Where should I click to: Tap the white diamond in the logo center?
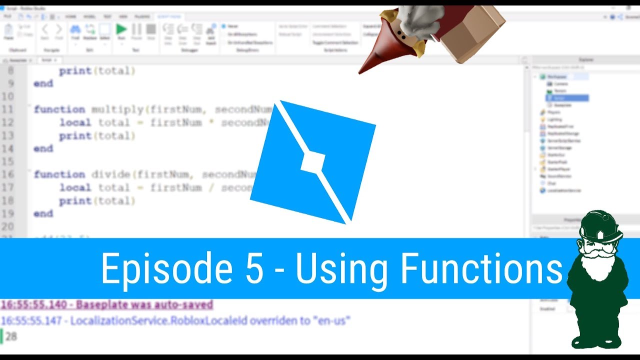click(x=312, y=162)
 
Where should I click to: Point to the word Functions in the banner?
click(x=480, y=268)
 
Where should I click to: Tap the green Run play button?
click(x=121, y=29)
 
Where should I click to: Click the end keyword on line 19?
click(x=43, y=213)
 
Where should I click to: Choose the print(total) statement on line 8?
click(x=97, y=71)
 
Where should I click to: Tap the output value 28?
click(x=11, y=336)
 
